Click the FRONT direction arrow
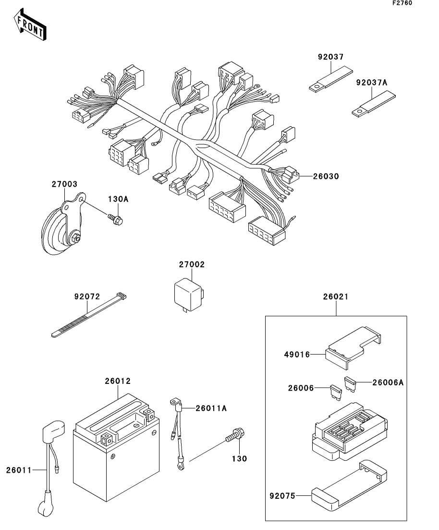30,25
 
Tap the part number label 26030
326,176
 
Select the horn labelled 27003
63,224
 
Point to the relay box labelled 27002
189,296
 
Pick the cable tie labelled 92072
88,315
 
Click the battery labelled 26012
116,447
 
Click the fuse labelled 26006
336,393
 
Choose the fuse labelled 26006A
350,384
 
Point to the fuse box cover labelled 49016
353,347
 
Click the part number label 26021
336,296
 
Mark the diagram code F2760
402,3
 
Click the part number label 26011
19,470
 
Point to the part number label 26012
118,381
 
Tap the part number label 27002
192,264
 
